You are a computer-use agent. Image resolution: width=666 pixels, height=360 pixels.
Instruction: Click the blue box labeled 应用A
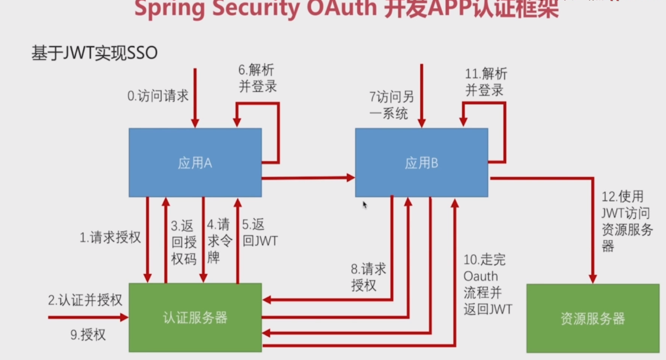pyautogui.click(x=195, y=162)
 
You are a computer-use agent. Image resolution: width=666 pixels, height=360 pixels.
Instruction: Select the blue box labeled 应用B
pyautogui.click(x=421, y=162)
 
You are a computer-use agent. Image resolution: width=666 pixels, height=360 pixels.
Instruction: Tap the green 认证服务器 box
pyautogui.click(x=195, y=318)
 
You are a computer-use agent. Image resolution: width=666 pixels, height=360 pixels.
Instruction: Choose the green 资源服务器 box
pyautogui.click(x=593, y=318)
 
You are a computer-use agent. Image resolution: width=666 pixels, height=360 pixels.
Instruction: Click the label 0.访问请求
pyautogui.click(x=158, y=96)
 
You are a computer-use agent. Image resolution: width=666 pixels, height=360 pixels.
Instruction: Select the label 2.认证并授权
pyautogui.click(x=85, y=300)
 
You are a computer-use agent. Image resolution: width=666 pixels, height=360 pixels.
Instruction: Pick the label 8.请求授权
pyautogui.click(x=369, y=276)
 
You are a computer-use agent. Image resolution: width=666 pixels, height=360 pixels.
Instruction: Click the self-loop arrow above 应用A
pyautogui.click(x=278, y=132)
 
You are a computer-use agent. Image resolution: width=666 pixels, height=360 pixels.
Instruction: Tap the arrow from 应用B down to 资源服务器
pyautogui.click(x=592, y=228)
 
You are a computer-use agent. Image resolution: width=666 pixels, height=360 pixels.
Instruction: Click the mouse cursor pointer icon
pyautogui.click(x=364, y=205)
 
